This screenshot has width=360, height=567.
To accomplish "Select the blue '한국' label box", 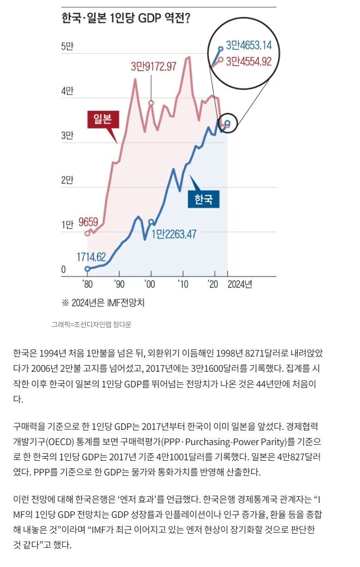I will (x=203, y=199).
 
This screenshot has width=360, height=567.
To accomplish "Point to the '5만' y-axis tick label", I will (x=67, y=47).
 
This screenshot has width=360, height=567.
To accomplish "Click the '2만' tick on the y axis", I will (x=67, y=180).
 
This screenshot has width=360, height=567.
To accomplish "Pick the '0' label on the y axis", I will (x=64, y=270).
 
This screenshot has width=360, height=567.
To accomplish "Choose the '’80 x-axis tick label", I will (x=87, y=284).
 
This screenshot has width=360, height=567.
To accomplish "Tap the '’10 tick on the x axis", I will (x=183, y=284).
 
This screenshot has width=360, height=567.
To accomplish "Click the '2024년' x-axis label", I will (x=240, y=284).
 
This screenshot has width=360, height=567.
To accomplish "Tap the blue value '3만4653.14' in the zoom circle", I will (x=249, y=45).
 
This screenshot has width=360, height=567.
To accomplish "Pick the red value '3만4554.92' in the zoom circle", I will (x=249, y=61).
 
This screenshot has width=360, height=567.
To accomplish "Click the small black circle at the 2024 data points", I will (x=228, y=123).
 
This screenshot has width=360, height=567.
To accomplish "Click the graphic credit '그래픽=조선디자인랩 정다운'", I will (x=91, y=325).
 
